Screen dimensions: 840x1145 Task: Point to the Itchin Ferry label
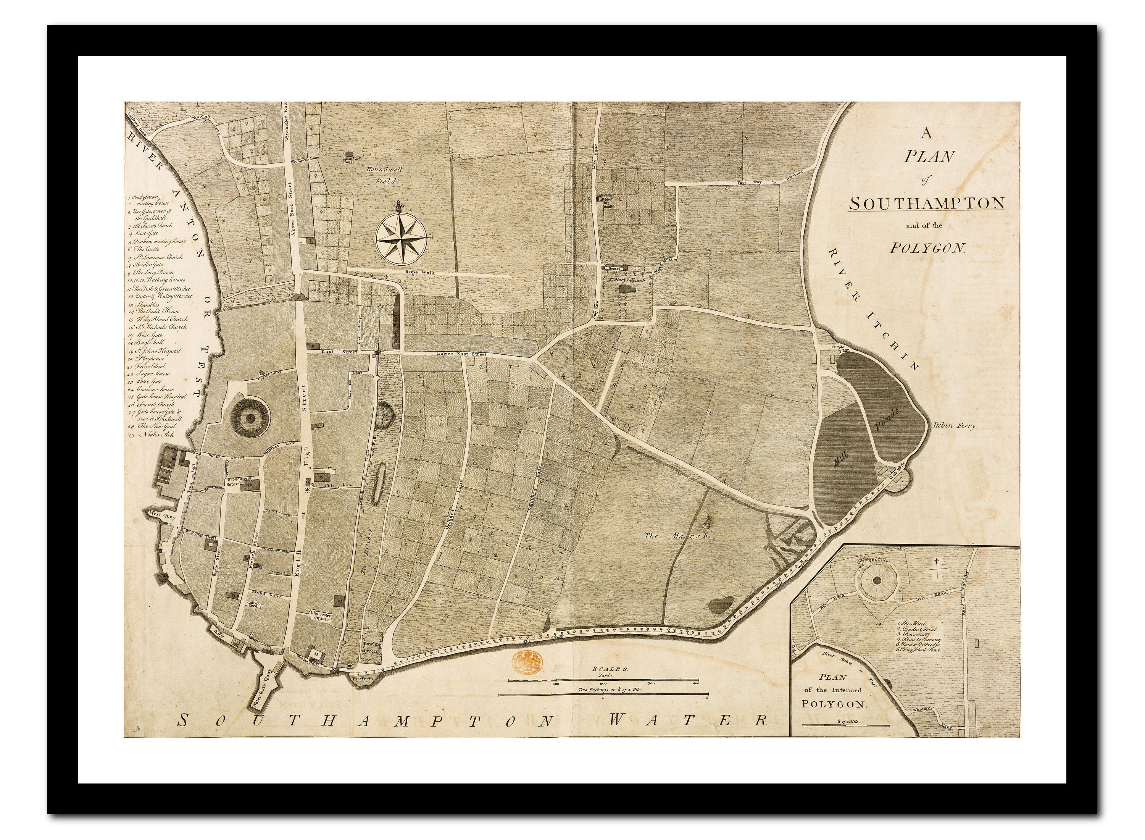pyautogui.click(x=954, y=426)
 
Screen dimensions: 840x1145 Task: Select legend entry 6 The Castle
pyautogui.click(x=145, y=249)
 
